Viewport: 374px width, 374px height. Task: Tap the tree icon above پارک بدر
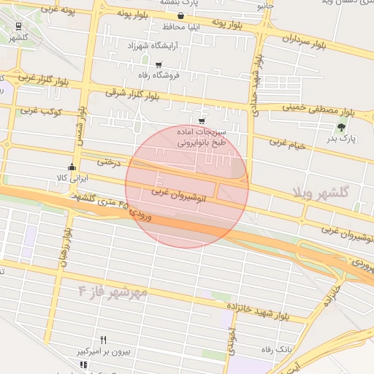(342, 127)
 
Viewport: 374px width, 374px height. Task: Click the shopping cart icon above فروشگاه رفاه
(159, 65)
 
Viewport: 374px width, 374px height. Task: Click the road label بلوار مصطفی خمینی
(308, 108)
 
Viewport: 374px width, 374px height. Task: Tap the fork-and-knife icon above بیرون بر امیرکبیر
(103, 340)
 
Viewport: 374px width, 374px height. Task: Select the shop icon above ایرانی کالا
(72, 167)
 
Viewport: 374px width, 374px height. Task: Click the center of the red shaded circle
(187, 187)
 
